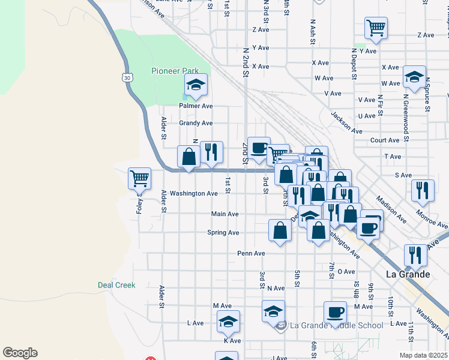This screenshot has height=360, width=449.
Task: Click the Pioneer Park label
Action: click(175, 71)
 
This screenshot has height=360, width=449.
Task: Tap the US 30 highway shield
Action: click(125, 77)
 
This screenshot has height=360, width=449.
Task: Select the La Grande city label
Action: click(408, 274)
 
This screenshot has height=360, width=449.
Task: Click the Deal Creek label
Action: click(116, 286)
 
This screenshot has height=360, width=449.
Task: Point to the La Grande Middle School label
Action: click(336, 326)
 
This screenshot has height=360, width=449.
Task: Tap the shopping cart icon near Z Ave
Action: click(376, 27)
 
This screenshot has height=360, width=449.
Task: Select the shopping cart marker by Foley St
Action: click(139, 178)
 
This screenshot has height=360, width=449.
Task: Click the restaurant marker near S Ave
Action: click(423, 190)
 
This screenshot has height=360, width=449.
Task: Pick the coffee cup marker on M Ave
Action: click(335, 311)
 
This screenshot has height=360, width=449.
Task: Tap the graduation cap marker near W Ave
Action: click(414, 76)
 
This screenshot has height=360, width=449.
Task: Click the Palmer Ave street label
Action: click(196, 106)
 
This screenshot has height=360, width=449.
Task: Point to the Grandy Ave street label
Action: click(196, 123)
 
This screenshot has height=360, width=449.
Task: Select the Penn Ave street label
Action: click(251, 253)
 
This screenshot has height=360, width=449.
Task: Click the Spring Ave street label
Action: click(223, 233)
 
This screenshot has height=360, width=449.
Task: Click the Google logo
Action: click(20, 353)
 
